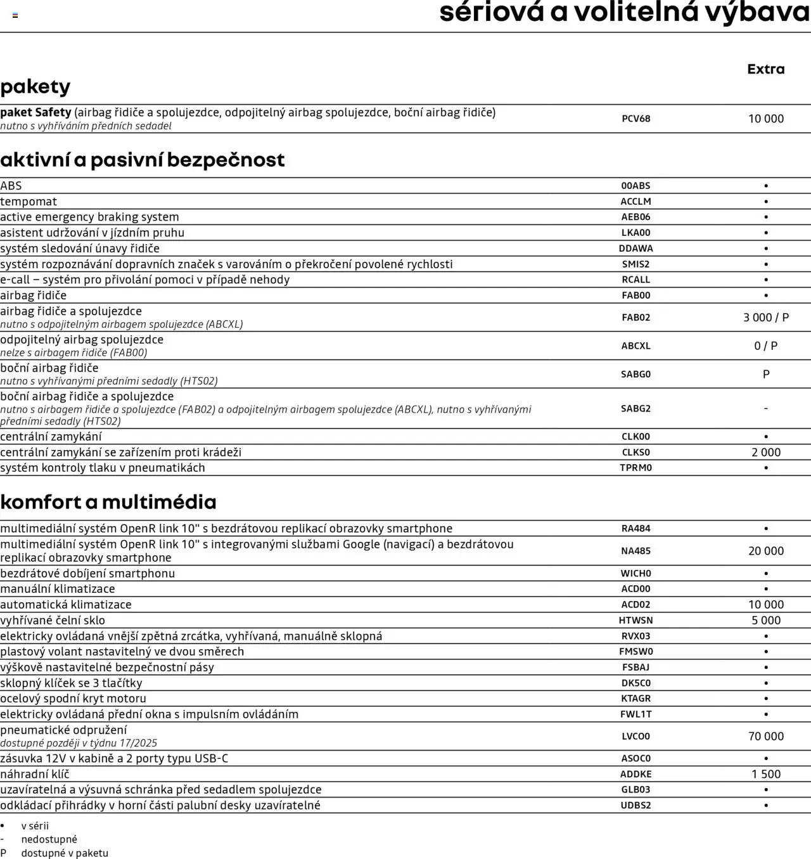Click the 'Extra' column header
point(765,69)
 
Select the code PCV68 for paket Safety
point(635,119)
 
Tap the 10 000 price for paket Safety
point(765,119)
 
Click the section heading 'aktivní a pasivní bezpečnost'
point(143,160)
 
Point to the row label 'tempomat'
point(29,202)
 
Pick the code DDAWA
point(635,249)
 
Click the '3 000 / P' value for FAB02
point(765,318)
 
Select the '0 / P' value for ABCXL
point(765,346)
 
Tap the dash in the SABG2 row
point(765,409)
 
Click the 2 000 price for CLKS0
point(765,453)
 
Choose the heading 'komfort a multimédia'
point(108,502)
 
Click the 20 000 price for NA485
point(765,551)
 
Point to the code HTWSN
point(635,621)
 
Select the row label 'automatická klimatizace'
point(66,605)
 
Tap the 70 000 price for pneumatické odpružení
point(765,737)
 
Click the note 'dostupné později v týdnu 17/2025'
point(79,743)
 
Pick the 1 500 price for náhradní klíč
point(765,774)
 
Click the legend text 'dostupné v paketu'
point(65,853)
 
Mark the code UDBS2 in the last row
point(635,806)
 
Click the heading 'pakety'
point(35,87)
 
